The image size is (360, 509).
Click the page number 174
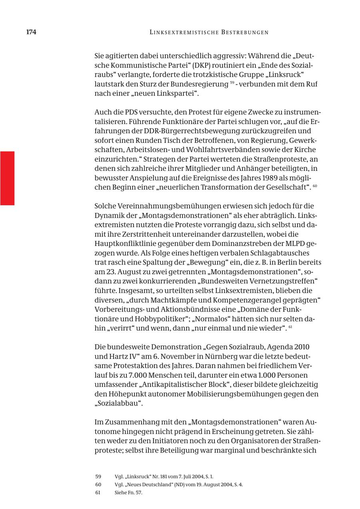tap(31, 32)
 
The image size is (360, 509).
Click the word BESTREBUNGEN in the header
tap(244, 32)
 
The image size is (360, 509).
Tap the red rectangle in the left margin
tap(7, 178)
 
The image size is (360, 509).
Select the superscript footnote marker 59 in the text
tap(232, 83)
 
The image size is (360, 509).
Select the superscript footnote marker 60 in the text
tap(315, 186)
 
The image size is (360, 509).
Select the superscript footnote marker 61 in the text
tap(290, 327)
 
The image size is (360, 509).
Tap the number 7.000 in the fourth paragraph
tap(138, 375)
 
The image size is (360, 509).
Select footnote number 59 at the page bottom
tap(98, 477)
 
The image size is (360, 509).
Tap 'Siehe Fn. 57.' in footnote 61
tap(128, 493)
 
